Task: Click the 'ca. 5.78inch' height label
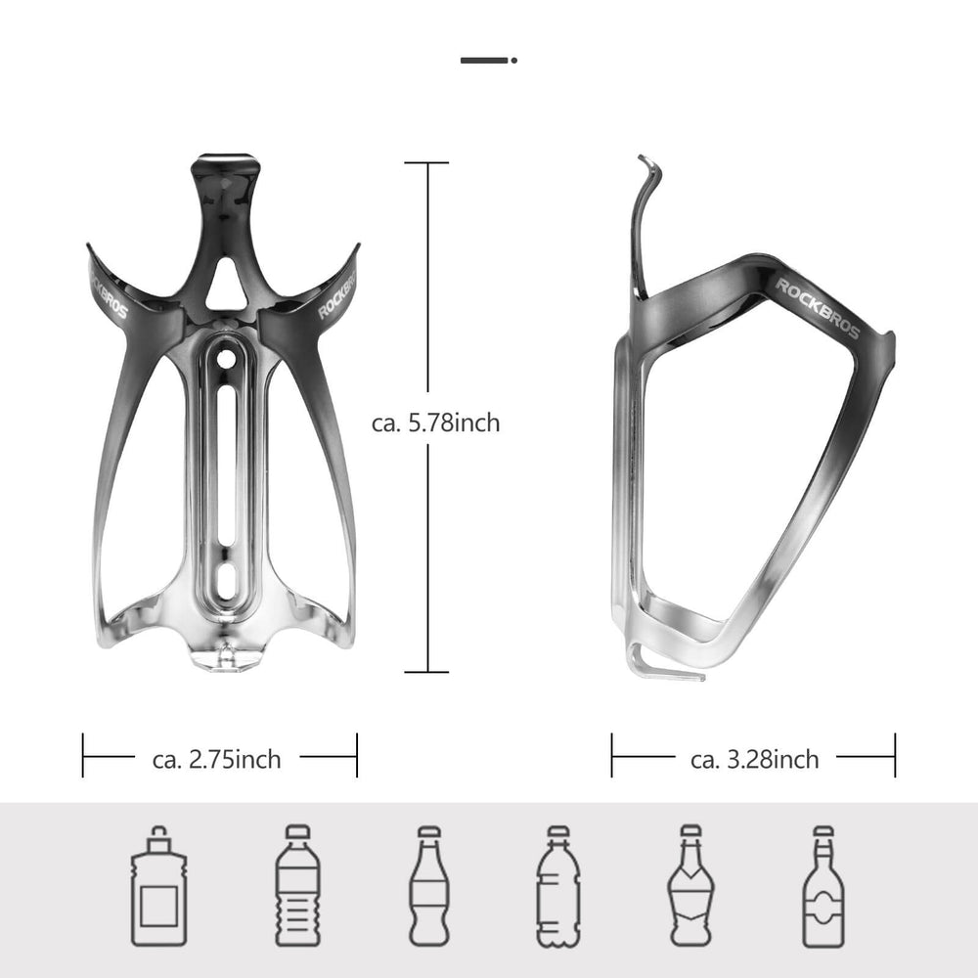436,423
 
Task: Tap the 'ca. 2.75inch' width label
217,759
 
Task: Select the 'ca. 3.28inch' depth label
754,759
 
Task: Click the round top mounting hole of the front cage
227,360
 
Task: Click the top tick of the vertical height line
425,163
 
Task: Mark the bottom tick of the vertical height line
425,672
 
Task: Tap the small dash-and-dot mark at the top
488,60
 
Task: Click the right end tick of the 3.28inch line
894,756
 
